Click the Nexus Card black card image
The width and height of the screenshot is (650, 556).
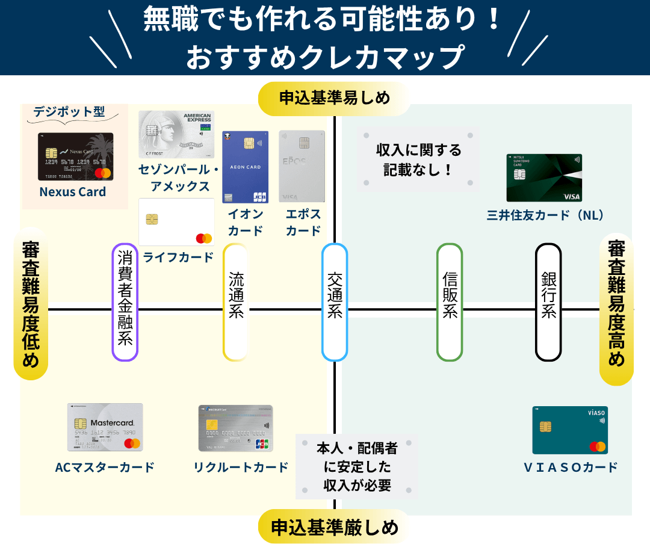75,156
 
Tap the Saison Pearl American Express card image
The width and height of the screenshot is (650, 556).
176,134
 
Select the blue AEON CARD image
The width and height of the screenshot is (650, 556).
245,167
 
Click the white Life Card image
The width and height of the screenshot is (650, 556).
177,222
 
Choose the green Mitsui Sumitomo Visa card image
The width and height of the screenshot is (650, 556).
544,178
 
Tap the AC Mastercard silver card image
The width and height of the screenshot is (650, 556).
105,427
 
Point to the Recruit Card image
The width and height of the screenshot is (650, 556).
235,428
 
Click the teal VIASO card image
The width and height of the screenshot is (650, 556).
570,430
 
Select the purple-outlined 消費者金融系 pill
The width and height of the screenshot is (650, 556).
125,302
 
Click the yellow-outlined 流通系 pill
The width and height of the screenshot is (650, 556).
235,302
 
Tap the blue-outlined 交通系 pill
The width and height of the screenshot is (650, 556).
335,302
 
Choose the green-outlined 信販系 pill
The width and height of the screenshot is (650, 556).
450,302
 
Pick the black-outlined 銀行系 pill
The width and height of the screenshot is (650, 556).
548,302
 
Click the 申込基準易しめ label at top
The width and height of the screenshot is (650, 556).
334,98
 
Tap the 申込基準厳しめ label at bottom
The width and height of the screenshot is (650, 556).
334,527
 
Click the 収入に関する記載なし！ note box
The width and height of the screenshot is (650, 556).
418,159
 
